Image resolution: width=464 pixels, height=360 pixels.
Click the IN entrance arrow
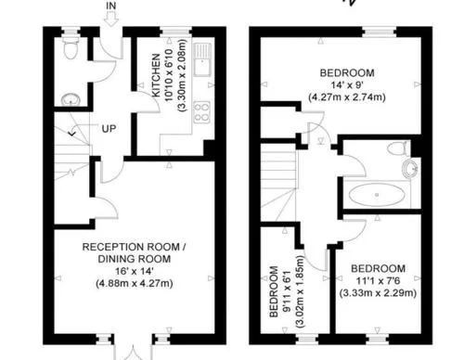tap(110, 19)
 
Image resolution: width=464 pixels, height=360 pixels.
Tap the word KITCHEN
tap(156, 75)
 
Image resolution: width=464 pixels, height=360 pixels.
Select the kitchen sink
tap(202, 59)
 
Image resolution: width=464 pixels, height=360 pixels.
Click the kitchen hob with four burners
tap(202, 112)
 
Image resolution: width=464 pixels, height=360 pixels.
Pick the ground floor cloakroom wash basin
tap(71, 99)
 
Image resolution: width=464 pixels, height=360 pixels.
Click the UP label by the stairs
tap(109, 129)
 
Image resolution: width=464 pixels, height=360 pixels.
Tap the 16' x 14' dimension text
tap(135, 271)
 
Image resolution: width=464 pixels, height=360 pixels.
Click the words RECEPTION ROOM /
tap(134, 247)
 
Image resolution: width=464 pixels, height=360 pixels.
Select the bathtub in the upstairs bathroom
tap(377, 195)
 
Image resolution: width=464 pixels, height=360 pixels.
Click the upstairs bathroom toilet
tap(397, 148)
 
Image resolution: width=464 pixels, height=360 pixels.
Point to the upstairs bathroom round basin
tap(410, 169)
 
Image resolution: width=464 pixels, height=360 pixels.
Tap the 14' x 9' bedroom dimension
tap(347, 84)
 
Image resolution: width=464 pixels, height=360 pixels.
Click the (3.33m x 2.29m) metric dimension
tap(378, 292)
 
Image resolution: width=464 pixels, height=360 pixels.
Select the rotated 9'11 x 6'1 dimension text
tap(288, 291)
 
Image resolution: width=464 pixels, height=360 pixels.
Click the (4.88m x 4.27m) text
tap(135, 283)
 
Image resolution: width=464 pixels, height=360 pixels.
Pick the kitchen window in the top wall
tap(175, 32)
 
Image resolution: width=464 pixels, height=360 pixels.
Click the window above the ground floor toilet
tap(71, 31)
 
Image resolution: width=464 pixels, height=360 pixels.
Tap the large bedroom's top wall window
tap(380, 32)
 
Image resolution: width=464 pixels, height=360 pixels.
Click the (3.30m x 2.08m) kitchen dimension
tap(183, 75)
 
